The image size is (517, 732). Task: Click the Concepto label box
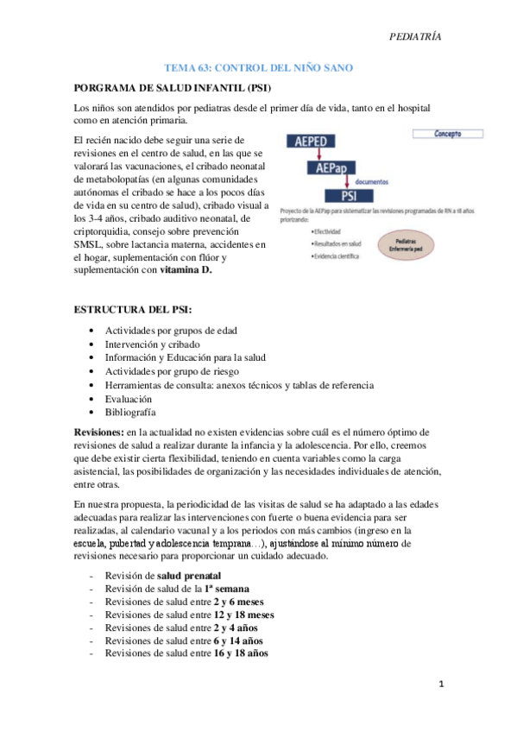[x=441, y=135]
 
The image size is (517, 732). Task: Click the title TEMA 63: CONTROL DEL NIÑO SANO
[x=258, y=67]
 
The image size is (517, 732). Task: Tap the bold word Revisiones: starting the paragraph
[x=98, y=432]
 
